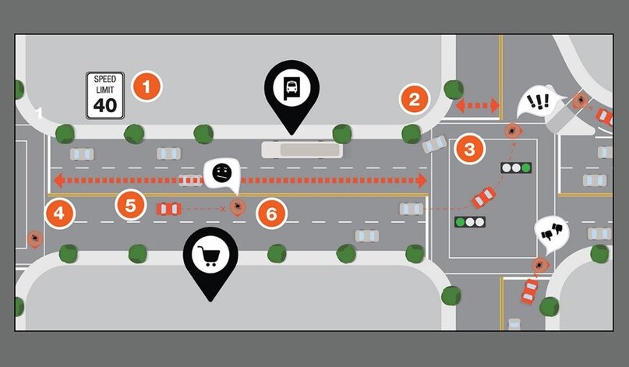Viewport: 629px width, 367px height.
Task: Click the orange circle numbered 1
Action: (x=146, y=86)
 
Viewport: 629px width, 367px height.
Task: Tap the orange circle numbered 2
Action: (x=415, y=99)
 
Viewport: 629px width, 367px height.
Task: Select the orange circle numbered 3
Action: (x=468, y=148)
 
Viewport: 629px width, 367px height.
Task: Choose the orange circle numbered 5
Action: (x=130, y=206)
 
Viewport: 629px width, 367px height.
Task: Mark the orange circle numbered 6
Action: (x=270, y=213)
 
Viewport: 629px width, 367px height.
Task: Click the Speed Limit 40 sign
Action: (x=104, y=95)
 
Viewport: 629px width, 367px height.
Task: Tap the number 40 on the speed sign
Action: (x=104, y=105)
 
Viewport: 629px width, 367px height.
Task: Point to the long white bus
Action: (x=302, y=150)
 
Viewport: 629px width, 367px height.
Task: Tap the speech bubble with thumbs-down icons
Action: (x=552, y=232)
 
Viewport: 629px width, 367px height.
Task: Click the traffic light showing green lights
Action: (x=471, y=222)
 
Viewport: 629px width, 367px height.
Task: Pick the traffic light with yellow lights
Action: (x=516, y=168)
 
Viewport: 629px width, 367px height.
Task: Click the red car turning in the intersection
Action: (x=483, y=197)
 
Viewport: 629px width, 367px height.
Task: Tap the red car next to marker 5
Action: (x=169, y=209)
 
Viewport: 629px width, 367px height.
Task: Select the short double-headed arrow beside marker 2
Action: (x=477, y=104)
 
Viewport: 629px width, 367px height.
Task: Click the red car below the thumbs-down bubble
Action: (x=530, y=292)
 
